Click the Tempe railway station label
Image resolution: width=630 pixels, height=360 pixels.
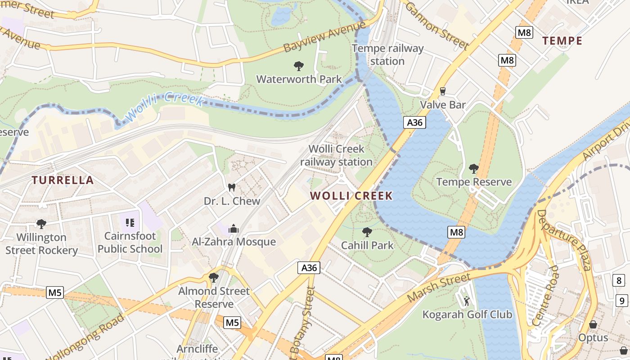tap(387, 54)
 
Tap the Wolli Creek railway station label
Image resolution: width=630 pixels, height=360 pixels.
tap(336, 155)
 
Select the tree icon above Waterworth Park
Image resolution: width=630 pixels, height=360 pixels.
tap(298, 66)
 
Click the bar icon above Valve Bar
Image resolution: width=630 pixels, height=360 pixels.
tap(442, 91)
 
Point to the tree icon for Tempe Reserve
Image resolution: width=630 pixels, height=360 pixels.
tap(473, 169)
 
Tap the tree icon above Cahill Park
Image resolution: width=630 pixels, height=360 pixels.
tap(367, 232)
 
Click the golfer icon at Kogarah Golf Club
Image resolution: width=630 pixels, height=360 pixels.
tap(467, 301)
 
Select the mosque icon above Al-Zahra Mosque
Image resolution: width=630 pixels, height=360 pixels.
tap(233, 229)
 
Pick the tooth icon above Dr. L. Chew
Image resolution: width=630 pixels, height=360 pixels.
tap(232, 187)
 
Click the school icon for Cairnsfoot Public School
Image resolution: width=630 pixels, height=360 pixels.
tap(130, 222)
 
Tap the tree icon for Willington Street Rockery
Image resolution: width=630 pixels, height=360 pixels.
tap(41, 224)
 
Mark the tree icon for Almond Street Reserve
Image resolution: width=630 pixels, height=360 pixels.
tap(214, 278)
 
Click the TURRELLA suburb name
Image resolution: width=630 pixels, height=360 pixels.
tap(63, 180)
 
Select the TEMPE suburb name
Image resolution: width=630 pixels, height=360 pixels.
tap(562, 41)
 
